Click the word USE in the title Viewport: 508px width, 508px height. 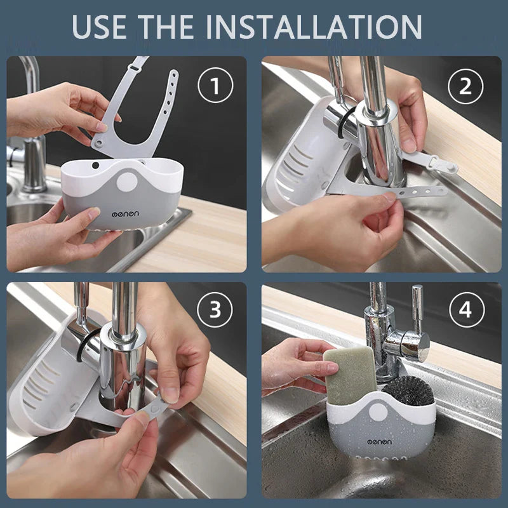(99, 27)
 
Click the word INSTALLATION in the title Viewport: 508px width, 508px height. (313, 27)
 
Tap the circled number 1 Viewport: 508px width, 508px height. (215, 85)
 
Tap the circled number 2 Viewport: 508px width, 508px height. (465, 86)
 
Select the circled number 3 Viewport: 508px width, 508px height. (215, 310)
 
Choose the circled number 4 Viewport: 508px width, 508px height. (467, 310)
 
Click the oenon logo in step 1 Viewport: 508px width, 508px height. (125, 214)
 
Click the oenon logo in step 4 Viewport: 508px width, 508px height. (379, 441)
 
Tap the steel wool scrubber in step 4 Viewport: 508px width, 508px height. (409, 391)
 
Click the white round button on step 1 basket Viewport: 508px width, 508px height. (127, 182)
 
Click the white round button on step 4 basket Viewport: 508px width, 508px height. (378, 413)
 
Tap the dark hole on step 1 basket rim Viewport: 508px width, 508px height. (95, 165)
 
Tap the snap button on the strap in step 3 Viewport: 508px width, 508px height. (155, 409)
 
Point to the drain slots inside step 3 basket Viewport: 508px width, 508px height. (39, 384)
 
